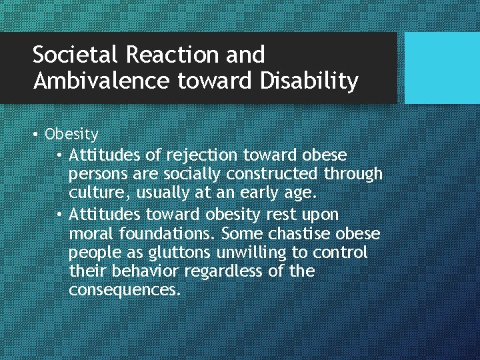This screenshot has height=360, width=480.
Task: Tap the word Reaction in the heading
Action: click(167, 54)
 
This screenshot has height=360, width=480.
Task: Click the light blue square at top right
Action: click(442, 68)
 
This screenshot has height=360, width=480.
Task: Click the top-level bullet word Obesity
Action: click(71, 135)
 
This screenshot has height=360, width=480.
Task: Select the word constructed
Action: click(273, 174)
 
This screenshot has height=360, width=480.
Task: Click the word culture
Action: click(93, 193)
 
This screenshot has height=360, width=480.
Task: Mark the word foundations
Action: click(167, 234)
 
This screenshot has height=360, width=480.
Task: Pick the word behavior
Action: click(147, 272)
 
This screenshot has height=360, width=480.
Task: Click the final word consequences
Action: click(124, 291)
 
